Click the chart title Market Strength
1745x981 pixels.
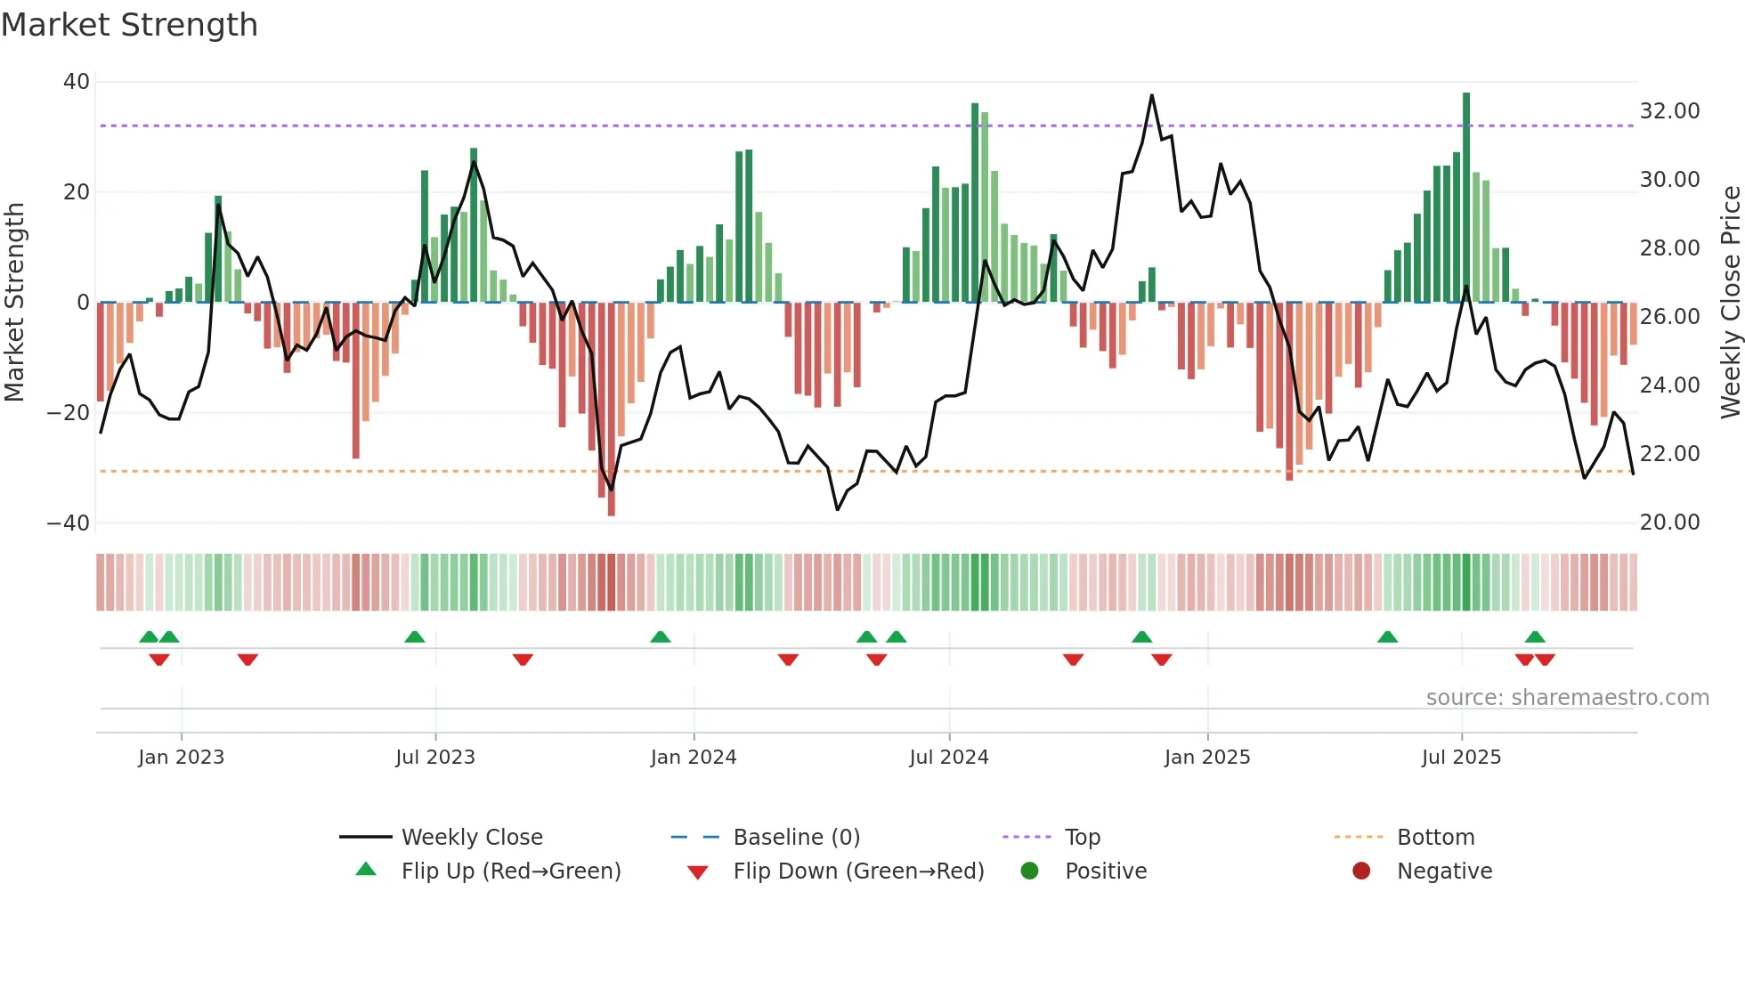tap(129, 25)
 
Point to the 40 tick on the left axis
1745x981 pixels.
tap(77, 82)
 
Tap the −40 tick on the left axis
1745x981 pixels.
tap(69, 523)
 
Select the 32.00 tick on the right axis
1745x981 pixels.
tap(1669, 111)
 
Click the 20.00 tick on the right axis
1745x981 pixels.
tap(1669, 523)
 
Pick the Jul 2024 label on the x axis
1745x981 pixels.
tap(948, 758)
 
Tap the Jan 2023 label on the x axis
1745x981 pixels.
tap(181, 758)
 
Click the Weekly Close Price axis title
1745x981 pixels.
tap(1730, 302)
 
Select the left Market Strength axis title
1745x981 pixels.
tap(14, 302)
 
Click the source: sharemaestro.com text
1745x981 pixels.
tap(1567, 698)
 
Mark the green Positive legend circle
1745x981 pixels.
tap(1030, 872)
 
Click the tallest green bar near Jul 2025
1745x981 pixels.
tap(1465, 196)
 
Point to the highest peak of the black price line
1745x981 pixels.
tap(1151, 95)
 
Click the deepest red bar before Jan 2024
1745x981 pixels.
tap(611, 409)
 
